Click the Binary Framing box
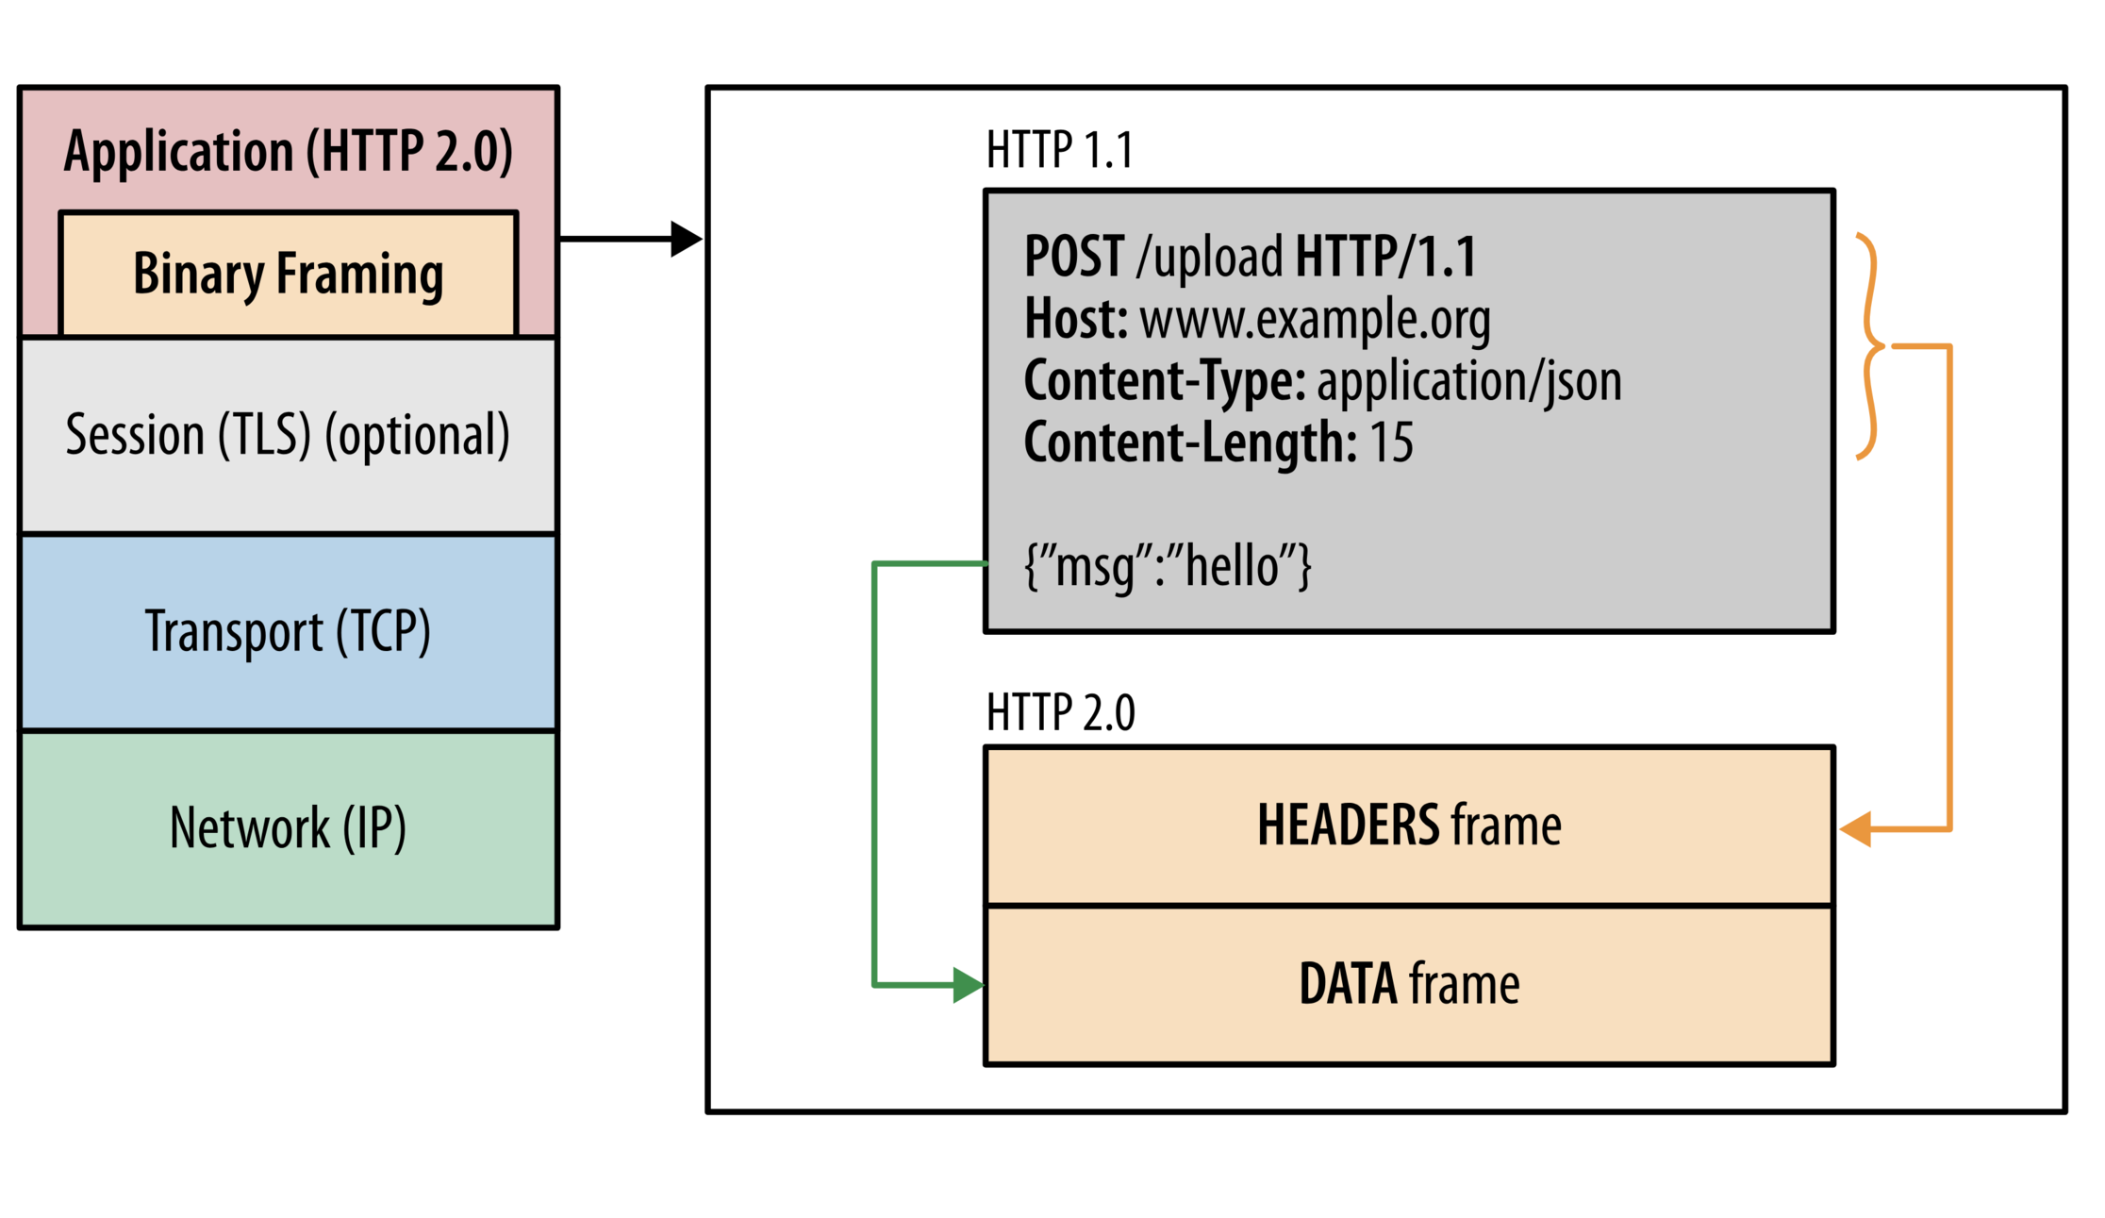point(289,274)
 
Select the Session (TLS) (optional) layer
point(289,436)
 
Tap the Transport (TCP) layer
point(289,632)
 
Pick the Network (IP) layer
point(289,828)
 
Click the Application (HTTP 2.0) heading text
point(289,151)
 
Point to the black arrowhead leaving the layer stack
point(686,239)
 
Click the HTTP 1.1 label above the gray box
point(1059,150)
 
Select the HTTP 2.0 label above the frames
point(1060,712)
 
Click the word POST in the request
point(1074,257)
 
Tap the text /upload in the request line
point(1210,257)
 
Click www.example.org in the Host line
point(1315,320)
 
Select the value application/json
point(1468,381)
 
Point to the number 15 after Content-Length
point(1391,442)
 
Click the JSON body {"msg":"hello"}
point(1168,566)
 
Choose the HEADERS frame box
point(1409,826)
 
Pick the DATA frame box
point(1409,985)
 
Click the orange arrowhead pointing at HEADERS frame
point(1856,829)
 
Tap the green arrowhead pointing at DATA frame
point(968,985)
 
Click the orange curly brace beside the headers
point(1869,346)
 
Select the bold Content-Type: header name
point(1164,381)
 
